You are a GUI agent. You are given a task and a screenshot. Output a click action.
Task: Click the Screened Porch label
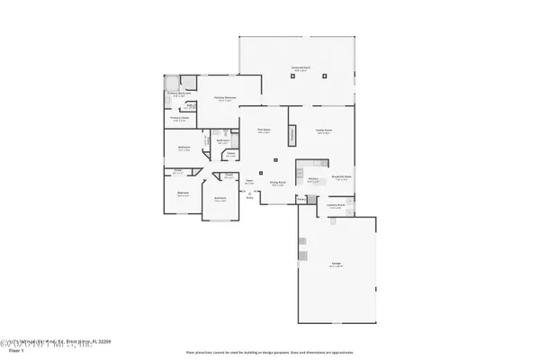[301, 68]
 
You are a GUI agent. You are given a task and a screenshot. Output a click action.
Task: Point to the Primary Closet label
[178, 117]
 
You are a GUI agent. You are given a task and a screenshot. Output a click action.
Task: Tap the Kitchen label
[312, 179]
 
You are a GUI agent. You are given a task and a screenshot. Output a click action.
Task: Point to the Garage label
[335, 265]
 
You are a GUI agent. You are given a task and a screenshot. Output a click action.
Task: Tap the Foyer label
[249, 183]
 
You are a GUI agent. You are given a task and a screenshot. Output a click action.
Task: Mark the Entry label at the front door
[250, 198]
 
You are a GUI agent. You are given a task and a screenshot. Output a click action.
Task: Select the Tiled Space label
[265, 130]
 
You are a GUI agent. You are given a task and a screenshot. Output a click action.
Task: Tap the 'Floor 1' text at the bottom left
[12, 351]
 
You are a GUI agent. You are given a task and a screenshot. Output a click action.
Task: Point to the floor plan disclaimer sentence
[269, 352]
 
